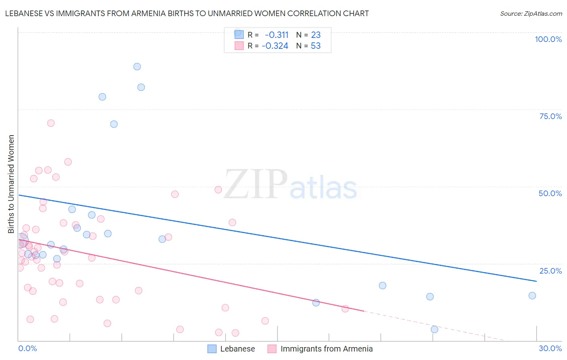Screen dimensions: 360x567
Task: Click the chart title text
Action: coord(187,13)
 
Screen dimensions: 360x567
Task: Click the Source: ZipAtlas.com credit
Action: coord(531,13)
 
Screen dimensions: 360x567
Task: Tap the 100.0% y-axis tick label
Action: coord(548,39)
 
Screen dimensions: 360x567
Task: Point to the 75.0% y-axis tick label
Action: coord(550,116)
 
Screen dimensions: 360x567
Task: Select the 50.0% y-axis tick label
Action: coord(550,193)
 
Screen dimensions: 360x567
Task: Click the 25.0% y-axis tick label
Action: coord(550,271)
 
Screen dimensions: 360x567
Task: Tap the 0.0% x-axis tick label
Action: coord(27,348)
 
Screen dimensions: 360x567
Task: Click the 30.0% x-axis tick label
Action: coord(550,348)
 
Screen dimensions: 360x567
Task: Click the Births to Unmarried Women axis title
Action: coord(11,184)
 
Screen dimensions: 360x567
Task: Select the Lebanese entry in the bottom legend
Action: coord(237,349)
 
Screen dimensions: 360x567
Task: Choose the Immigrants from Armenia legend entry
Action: coord(326,349)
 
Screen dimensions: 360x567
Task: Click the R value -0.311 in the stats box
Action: coord(277,35)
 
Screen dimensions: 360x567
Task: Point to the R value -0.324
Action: coord(275,46)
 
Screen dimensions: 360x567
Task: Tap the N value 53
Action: coord(316,46)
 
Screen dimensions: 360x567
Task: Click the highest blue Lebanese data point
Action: coord(137,67)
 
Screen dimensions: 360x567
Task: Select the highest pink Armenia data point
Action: coord(51,123)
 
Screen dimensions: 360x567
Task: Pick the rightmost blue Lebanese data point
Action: coord(532,295)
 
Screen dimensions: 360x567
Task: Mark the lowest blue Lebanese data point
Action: coord(434,329)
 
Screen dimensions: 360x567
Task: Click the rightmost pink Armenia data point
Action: coord(345,309)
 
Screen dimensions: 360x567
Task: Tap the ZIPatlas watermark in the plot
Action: coord(290,185)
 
